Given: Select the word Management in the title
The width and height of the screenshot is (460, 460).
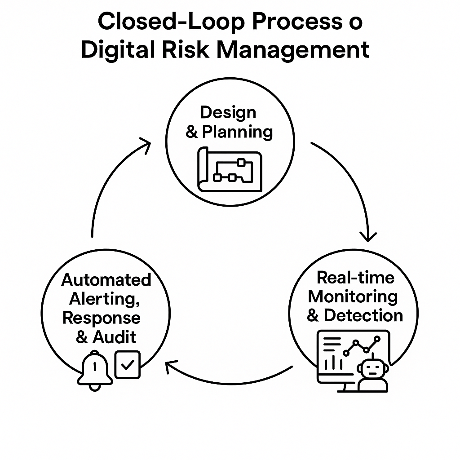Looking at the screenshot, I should click(293, 50).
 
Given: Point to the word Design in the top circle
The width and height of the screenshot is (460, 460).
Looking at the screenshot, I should click(228, 112).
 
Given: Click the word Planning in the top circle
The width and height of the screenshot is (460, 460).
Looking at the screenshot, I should click(237, 132).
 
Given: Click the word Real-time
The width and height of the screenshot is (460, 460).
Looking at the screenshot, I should click(355, 277).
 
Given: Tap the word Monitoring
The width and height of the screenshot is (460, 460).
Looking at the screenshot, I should click(353, 296).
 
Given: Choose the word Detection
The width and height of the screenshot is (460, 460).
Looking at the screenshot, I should click(363, 315).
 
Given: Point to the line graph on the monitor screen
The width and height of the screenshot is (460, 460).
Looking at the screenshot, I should click(362, 346).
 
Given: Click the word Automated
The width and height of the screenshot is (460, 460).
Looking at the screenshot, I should click(106, 280).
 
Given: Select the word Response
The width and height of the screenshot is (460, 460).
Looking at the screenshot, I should click(101, 318).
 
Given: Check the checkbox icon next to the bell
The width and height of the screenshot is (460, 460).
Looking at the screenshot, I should click(128, 364).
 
